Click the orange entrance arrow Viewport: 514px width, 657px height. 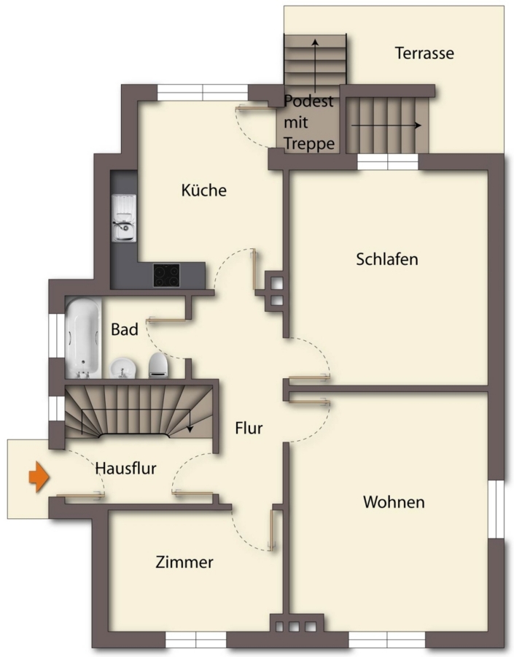point(39,477)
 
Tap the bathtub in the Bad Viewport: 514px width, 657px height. point(83,338)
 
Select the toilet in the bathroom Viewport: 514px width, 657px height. point(158,365)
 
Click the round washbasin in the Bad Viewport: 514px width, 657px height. point(122,369)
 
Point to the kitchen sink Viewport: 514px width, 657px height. point(123,218)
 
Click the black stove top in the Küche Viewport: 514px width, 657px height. point(166,275)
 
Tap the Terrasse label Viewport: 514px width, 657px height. point(424,53)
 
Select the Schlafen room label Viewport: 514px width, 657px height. point(387,259)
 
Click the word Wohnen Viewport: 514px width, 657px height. point(394,502)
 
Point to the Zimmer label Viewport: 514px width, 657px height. point(184,562)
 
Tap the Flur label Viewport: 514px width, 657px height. point(249,428)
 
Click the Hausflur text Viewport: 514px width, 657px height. point(125,468)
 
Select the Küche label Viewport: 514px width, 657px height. point(204,191)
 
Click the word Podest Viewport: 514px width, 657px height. point(308,101)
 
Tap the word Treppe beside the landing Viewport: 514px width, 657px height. point(309,144)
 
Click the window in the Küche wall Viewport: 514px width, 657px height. point(203,93)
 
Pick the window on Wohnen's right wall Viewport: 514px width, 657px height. point(497,509)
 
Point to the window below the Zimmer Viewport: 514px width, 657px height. point(196,639)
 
